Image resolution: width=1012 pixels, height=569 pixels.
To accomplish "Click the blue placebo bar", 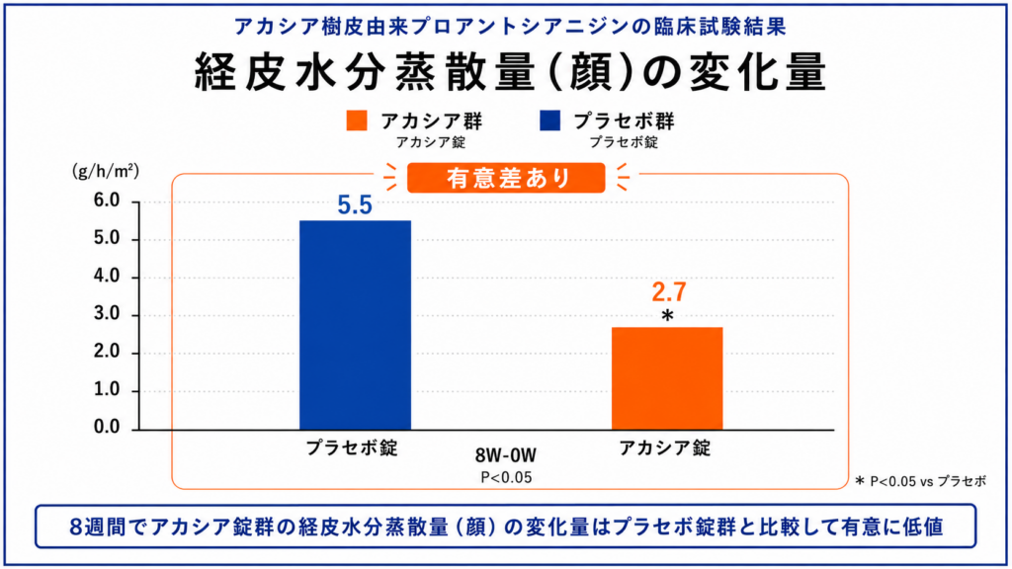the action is point(355,325).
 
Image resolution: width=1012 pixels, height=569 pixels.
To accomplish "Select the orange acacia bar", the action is point(667,378).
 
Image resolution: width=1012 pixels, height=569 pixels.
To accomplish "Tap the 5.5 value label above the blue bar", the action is point(355,205).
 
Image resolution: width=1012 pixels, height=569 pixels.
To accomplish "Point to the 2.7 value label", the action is point(669,292).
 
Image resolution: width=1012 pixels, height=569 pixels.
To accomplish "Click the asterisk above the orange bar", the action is point(667,316).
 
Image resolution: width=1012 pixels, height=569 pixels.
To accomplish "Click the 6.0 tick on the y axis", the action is point(107,201).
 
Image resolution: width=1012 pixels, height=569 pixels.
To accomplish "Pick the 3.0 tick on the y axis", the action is point(107,314).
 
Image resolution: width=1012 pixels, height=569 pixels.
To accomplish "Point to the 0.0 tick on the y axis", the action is point(107,427).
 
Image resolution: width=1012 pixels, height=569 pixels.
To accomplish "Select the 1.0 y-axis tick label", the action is point(107,389).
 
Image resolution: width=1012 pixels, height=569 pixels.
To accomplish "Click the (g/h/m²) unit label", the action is point(105,171).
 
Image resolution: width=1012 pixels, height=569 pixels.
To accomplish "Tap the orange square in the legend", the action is point(357,121).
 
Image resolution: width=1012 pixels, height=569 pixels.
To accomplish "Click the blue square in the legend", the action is point(549,121).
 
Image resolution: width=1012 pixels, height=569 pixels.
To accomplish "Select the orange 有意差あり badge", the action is point(507,178).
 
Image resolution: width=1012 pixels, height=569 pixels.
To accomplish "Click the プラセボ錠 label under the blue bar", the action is point(352,447).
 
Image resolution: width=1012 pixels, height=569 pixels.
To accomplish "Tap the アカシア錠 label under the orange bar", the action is point(665,447).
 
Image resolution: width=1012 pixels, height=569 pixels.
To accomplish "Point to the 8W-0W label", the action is point(506,455).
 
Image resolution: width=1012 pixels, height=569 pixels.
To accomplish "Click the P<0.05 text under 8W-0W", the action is point(507,477).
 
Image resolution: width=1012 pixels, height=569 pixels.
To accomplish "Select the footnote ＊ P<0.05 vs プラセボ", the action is point(921,481).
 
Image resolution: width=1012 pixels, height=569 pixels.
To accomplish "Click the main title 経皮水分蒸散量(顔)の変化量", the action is point(510,71).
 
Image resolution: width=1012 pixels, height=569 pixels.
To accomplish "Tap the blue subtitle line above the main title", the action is point(510,27).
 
